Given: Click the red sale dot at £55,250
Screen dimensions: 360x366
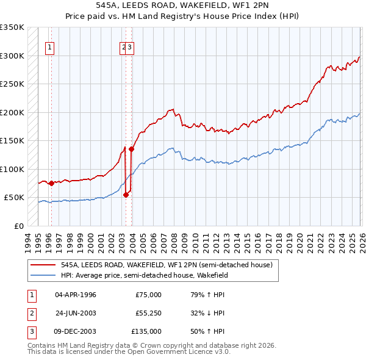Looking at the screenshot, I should (x=126, y=195).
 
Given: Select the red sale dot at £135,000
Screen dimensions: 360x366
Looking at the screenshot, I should (x=131, y=149).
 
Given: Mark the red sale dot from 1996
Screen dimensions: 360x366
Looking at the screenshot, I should (x=51, y=183).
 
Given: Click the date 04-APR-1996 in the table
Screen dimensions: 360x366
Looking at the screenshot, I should (x=75, y=295).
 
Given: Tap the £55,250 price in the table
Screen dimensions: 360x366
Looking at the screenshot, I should (x=148, y=313).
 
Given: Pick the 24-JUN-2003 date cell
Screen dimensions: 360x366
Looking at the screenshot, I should (x=75, y=313).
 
